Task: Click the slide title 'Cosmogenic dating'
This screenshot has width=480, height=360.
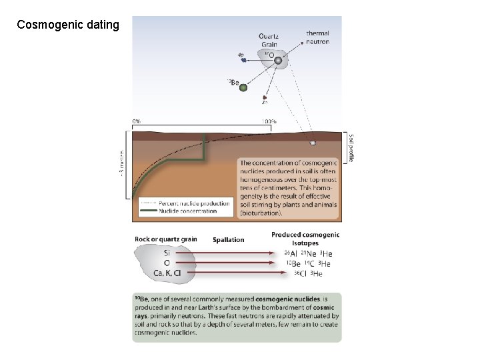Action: pos(68,25)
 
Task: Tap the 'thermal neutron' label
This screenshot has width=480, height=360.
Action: pos(317,37)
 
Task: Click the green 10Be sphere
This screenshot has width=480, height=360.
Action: pos(243,87)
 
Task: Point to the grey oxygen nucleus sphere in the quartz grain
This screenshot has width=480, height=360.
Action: pos(278,61)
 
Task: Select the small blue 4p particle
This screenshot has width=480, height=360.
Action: pos(244,60)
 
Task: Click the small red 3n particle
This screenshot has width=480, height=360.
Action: pos(265,97)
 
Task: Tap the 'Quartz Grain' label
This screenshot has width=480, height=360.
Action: pos(269,40)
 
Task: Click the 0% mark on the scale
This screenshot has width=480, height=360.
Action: pos(136,121)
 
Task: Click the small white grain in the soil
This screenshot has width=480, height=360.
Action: pos(313,143)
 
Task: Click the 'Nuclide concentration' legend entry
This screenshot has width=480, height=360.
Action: pos(188,211)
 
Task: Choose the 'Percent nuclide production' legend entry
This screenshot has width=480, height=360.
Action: pos(194,203)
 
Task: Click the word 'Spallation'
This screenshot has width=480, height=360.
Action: pos(228,239)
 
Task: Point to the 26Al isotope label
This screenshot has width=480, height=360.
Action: pos(291,254)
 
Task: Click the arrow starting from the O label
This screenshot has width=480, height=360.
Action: pos(233,263)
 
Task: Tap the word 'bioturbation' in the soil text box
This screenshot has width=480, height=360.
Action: pos(262,214)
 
